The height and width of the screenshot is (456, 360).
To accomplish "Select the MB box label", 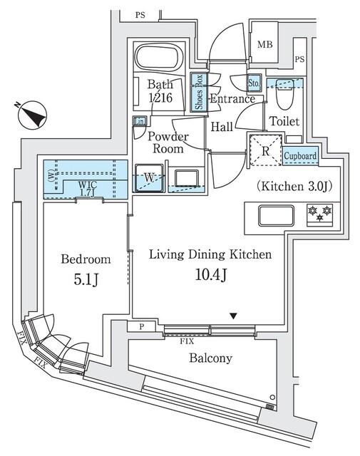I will (x=265, y=44).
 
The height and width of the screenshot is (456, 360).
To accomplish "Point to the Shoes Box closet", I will (x=199, y=93).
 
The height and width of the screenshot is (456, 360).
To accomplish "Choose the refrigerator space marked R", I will (x=263, y=150).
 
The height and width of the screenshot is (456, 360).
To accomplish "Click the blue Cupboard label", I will (x=300, y=156).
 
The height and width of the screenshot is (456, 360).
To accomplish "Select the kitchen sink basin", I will (x=272, y=214).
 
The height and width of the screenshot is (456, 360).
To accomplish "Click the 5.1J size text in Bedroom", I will (x=85, y=279).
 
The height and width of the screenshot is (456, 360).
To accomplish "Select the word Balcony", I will (x=210, y=358).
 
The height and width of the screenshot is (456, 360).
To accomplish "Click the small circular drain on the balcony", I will (x=272, y=398).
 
